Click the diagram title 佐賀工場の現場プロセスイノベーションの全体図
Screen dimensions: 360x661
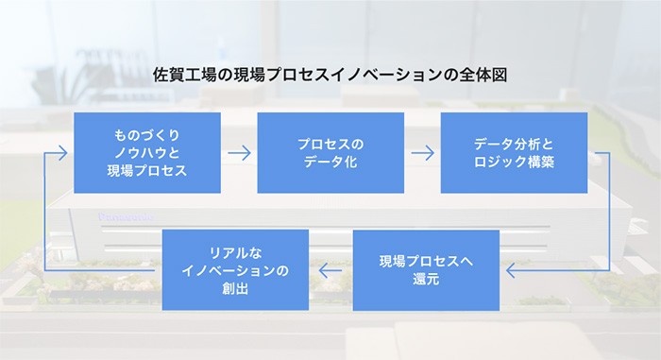[330, 77]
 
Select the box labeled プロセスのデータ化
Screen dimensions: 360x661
[330, 153]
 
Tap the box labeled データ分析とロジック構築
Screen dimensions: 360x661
[515, 153]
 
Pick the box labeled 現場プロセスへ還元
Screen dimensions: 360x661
[426, 270]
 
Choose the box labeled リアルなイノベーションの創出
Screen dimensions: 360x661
[235, 270]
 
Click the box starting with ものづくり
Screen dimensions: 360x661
[147, 153]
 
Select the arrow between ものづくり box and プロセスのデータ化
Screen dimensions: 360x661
[239, 153]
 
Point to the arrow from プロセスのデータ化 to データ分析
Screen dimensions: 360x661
[422, 153]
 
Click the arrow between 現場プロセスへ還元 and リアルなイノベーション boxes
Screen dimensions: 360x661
[330, 271]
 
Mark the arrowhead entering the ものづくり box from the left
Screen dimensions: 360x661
[62, 153]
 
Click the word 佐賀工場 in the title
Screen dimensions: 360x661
[183, 77]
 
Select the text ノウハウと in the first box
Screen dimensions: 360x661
[147, 153]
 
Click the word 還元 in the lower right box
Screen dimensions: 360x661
[426, 280]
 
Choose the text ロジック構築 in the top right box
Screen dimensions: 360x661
[515, 163]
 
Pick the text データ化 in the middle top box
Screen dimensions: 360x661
[330, 163]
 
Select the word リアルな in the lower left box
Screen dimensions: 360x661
[235, 252]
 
